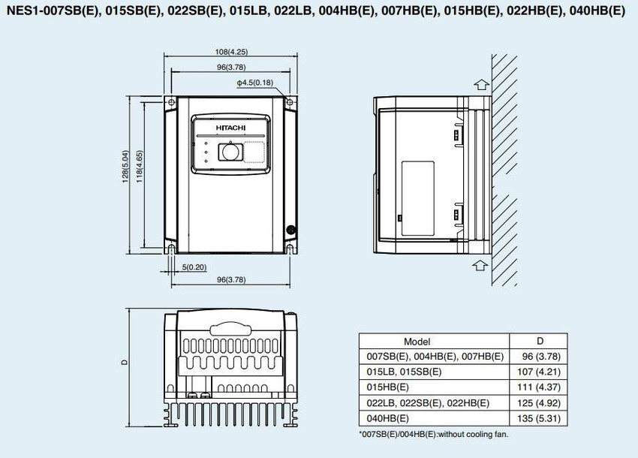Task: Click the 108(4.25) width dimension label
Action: coord(231,52)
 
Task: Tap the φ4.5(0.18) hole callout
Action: coord(255,83)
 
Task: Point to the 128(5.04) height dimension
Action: coord(125,167)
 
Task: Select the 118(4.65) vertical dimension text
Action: coord(139,167)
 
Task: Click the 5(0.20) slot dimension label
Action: coord(194,267)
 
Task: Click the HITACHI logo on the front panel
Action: coord(230,128)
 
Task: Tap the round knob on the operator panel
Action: coord(230,152)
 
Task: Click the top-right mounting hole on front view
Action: coord(290,101)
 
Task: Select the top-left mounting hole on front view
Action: coord(171,101)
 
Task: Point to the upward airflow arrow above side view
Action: coord(481,84)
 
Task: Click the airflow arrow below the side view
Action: coord(480,265)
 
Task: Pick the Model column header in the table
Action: coord(417,342)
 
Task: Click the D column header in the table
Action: coord(540,341)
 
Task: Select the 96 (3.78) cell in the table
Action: coord(540,357)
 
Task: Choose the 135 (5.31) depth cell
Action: coord(539,418)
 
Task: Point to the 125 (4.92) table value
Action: coord(539,403)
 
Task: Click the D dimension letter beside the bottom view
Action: coord(125,362)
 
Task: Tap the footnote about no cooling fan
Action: coord(434,435)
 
